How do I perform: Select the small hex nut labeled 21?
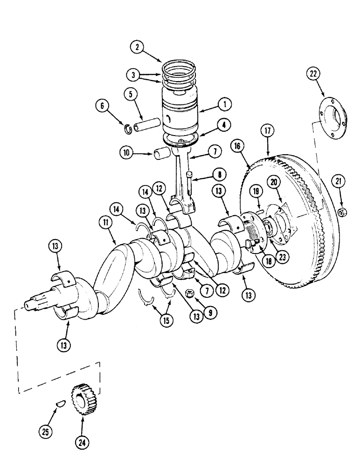click(341, 212)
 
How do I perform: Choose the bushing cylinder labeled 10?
click(162, 154)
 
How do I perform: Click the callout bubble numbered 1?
click(225, 104)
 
